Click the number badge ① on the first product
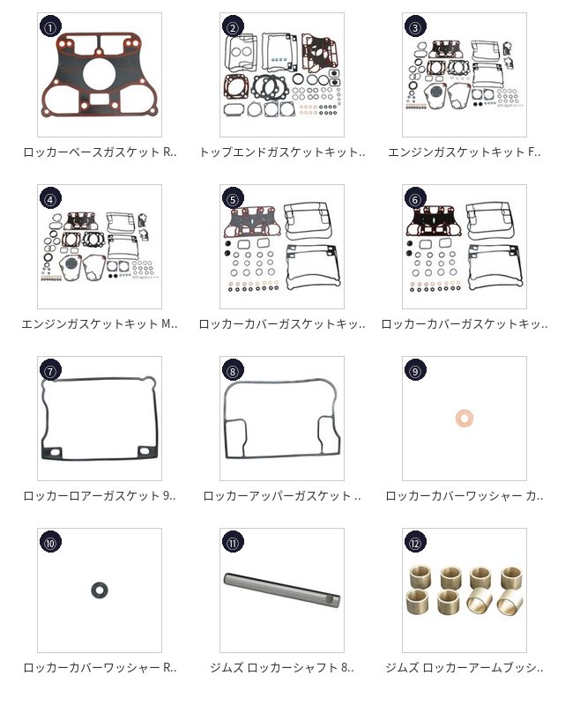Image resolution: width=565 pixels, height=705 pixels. pyautogui.click(x=50, y=28)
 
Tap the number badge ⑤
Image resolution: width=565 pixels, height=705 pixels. pyautogui.click(x=233, y=200)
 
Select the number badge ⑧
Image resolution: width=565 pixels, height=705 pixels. pyautogui.click(x=233, y=371)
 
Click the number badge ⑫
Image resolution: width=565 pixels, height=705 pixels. pyautogui.click(x=415, y=543)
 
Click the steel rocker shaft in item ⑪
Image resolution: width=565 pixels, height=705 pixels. pyautogui.click(x=281, y=589)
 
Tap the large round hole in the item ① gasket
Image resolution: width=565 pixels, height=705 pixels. pyautogui.click(x=99, y=74)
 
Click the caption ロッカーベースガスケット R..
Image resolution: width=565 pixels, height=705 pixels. pyautogui.click(x=100, y=152)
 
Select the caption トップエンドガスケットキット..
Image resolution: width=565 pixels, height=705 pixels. pyautogui.click(x=282, y=152)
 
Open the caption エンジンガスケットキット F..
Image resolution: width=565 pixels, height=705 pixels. pyautogui.click(x=465, y=152)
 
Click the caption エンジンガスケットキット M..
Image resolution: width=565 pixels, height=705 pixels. pyautogui.click(x=100, y=323)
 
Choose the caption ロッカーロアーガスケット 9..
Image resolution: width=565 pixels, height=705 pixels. pyautogui.click(x=100, y=495)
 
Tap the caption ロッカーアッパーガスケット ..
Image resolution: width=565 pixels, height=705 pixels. pyautogui.click(x=282, y=495)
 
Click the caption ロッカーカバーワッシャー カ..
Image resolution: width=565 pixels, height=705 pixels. pyautogui.click(x=465, y=495)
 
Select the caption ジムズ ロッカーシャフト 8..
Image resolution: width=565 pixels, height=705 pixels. pyautogui.click(x=282, y=667)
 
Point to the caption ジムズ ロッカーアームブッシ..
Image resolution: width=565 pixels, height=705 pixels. pyautogui.click(x=465, y=667)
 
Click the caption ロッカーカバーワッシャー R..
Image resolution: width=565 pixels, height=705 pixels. pyautogui.click(x=100, y=667)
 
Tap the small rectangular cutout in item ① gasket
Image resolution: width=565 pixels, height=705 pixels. pyautogui.click(x=100, y=99)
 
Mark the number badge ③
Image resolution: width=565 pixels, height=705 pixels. pyautogui.click(x=415, y=28)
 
